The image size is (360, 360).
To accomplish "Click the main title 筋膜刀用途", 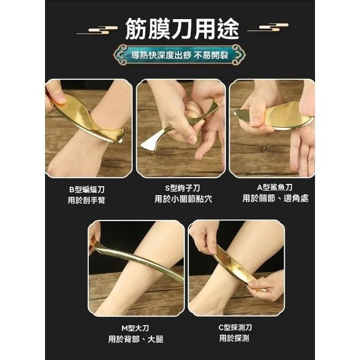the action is click(182, 29).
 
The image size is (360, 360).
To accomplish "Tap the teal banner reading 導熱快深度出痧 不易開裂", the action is click(179, 55).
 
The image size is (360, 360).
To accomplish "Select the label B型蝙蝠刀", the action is click(87, 190).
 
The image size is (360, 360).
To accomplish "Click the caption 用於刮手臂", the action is click(86, 200).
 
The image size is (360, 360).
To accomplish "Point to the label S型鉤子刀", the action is click(182, 188).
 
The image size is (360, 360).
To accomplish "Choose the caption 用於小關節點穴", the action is click(183, 199).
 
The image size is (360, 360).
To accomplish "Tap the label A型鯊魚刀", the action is click(274, 187).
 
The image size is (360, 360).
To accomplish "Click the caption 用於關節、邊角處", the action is click(275, 199).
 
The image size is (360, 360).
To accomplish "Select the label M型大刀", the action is click(135, 328).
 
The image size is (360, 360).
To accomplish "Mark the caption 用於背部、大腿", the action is click(136, 339).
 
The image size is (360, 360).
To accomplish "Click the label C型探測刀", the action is click(235, 327).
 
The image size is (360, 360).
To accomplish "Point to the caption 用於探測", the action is click(234, 338).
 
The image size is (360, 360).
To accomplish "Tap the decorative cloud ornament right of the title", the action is click(268, 28).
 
